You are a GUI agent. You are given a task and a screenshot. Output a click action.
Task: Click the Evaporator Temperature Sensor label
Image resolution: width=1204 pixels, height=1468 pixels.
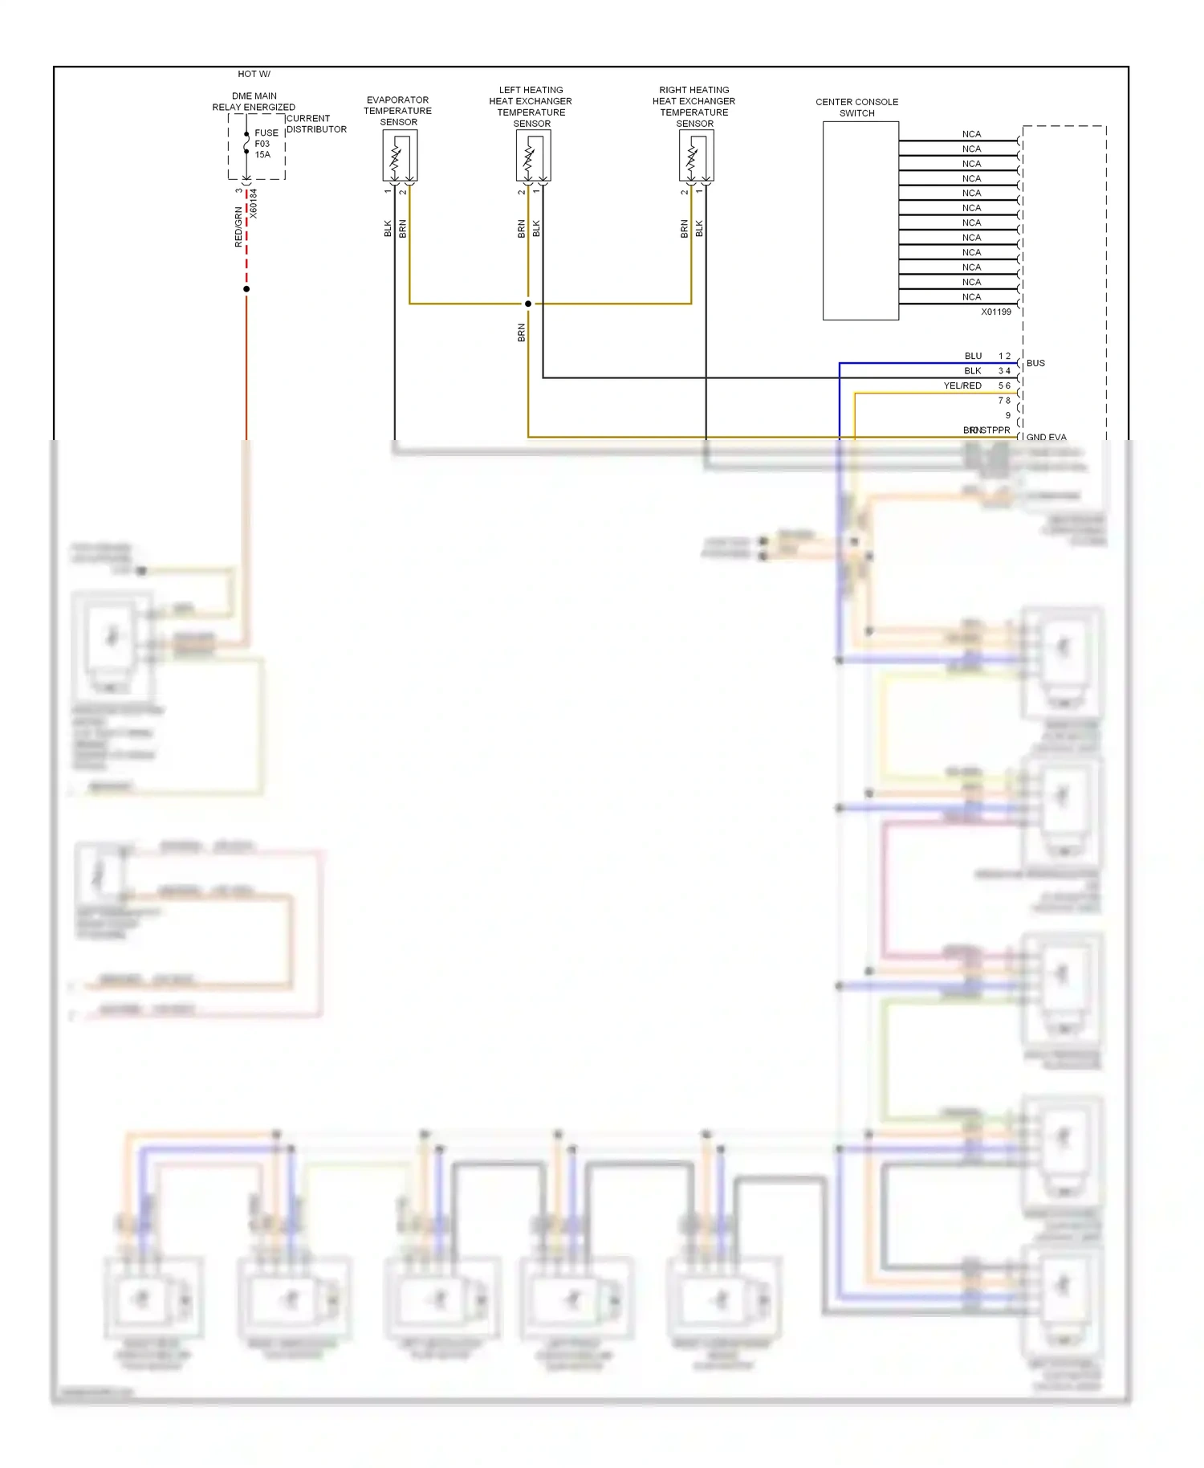(398, 111)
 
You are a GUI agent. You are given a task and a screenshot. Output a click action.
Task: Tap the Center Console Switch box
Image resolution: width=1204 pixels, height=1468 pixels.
(860, 221)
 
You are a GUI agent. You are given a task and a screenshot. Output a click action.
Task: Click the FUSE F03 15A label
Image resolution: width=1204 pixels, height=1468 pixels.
(266, 144)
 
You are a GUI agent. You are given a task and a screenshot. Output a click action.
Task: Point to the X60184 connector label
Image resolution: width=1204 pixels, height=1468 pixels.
(254, 204)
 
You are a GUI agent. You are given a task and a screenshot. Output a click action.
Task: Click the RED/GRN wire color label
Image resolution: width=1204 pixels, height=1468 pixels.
(238, 226)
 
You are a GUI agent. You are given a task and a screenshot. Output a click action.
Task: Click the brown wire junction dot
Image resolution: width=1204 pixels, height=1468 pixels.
(528, 304)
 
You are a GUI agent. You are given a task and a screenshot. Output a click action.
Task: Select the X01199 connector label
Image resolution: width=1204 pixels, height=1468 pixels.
(995, 312)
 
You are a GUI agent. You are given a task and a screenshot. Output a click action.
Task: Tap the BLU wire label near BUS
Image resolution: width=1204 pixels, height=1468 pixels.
(973, 356)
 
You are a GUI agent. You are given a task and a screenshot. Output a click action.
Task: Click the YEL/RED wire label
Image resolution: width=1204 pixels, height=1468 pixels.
(962, 385)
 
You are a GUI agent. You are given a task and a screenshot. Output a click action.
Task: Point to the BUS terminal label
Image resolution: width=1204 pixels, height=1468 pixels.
(1035, 363)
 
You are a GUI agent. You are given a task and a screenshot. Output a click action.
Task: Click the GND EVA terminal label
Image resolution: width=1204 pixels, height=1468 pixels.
(1046, 438)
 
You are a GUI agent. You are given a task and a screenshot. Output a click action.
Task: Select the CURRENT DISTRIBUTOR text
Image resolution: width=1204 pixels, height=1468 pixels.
(316, 124)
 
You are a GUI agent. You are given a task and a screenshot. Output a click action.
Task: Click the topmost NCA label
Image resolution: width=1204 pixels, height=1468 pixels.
(971, 134)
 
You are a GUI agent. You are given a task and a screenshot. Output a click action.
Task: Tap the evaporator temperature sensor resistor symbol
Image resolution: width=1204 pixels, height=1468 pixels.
(396, 158)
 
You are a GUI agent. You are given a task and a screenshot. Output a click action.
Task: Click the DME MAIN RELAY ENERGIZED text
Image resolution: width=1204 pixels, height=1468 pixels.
(254, 101)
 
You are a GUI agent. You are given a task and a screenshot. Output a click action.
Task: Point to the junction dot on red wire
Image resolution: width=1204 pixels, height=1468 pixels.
(246, 289)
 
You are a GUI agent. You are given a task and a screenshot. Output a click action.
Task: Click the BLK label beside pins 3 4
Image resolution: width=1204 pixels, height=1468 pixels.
(973, 371)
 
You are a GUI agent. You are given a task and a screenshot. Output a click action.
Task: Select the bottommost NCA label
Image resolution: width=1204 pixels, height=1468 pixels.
(971, 297)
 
